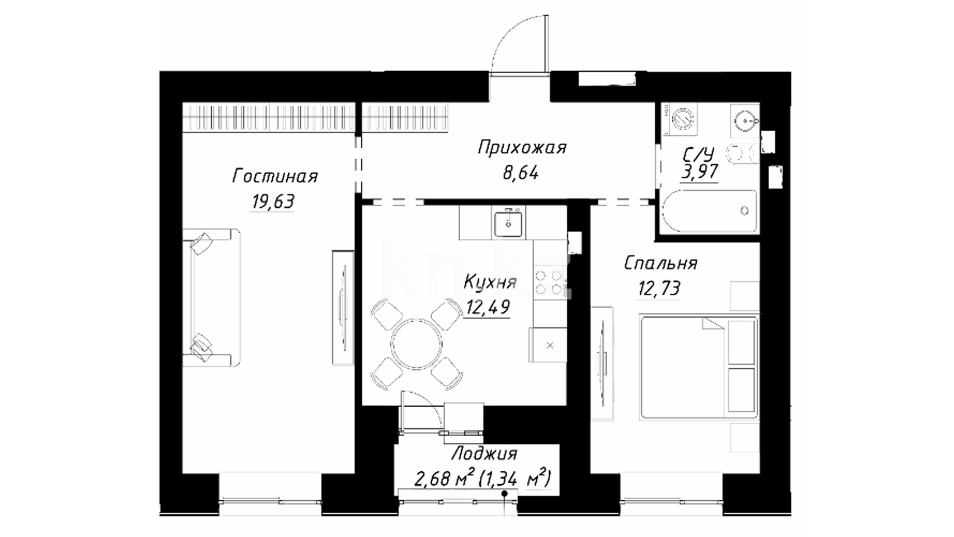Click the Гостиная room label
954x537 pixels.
click(275, 177)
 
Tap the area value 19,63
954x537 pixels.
click(273, 201)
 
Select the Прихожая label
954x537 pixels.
click(522, 148)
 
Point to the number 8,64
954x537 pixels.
click(520, 173)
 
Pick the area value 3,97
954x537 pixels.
click(700, 172)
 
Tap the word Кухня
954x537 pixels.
click(490, 282)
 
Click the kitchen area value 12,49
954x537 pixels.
click(487, 307)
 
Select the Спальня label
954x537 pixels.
click(660, 263)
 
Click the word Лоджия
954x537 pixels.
click(484, 454)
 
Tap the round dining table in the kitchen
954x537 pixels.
click(416, 344)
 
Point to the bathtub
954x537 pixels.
click(709, 211)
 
